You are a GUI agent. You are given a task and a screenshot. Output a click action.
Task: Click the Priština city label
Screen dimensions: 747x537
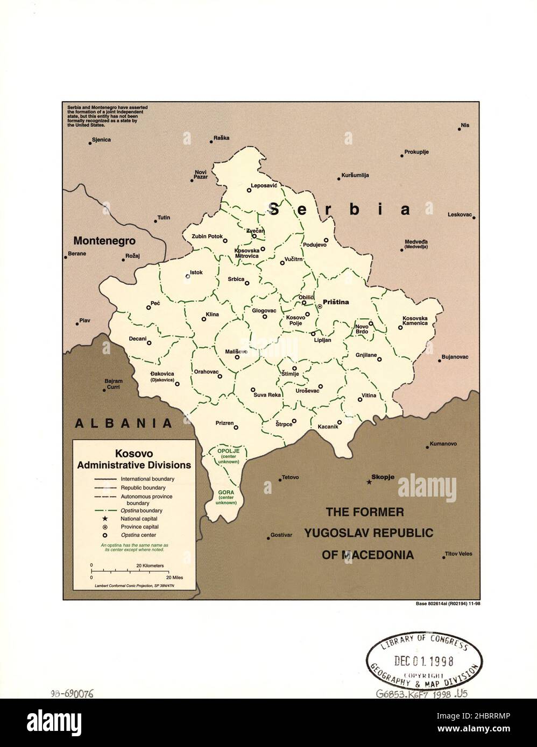click(335, 302)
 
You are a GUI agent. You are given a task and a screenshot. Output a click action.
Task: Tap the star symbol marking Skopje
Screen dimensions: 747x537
click(369, 482)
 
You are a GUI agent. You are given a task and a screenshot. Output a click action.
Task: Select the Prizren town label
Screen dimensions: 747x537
click(224, 423)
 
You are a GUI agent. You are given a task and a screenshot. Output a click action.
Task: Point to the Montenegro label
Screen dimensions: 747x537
click(104, 241)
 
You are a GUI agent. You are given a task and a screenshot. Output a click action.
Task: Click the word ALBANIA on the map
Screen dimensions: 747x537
click(123, 423)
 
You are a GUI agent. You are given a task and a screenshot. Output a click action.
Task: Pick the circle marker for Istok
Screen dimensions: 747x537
click(188, 276)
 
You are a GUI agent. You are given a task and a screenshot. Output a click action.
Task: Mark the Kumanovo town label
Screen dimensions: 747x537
click(443, 444)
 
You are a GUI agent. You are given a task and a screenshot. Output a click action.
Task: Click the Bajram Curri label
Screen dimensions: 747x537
click(114, 384)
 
